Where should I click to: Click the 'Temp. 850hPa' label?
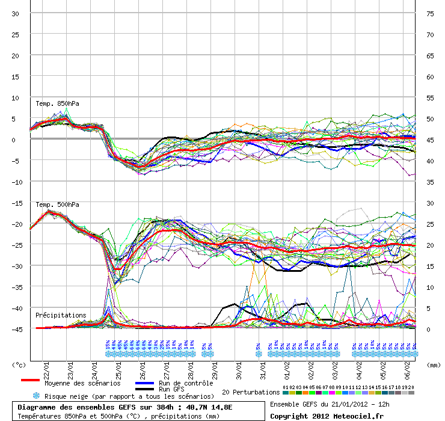pyautogui.click(x=57, y=103)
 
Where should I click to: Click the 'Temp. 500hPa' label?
pyautogui.click(x=57, y=205)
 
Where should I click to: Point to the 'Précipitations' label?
pyautogui.click(x=60, y=315)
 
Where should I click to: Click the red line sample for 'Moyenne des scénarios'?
pyautogui.click(x=30, y=380)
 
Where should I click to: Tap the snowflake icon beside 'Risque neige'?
pyautogui.click(x=36, y=396)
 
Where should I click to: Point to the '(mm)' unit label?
pyautogui.click(x=432, y=365)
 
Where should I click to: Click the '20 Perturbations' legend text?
pyautogui.click(x=251, y=392)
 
